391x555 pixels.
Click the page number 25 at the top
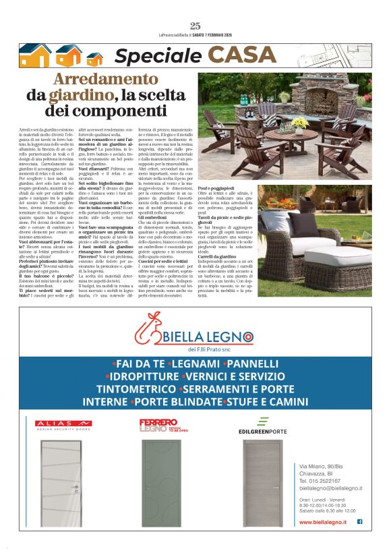click(195, 26)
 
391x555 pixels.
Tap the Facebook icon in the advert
click(359, 521)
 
